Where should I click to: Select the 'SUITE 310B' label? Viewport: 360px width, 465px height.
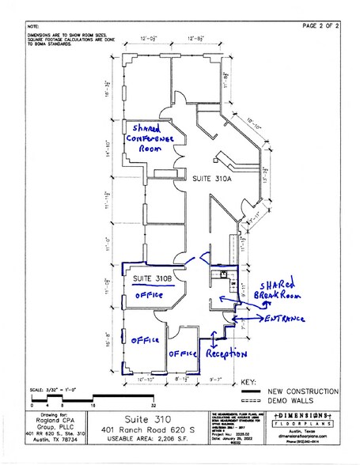[x=153, y=278]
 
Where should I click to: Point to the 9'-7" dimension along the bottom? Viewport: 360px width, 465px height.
[x=215, y=380]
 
